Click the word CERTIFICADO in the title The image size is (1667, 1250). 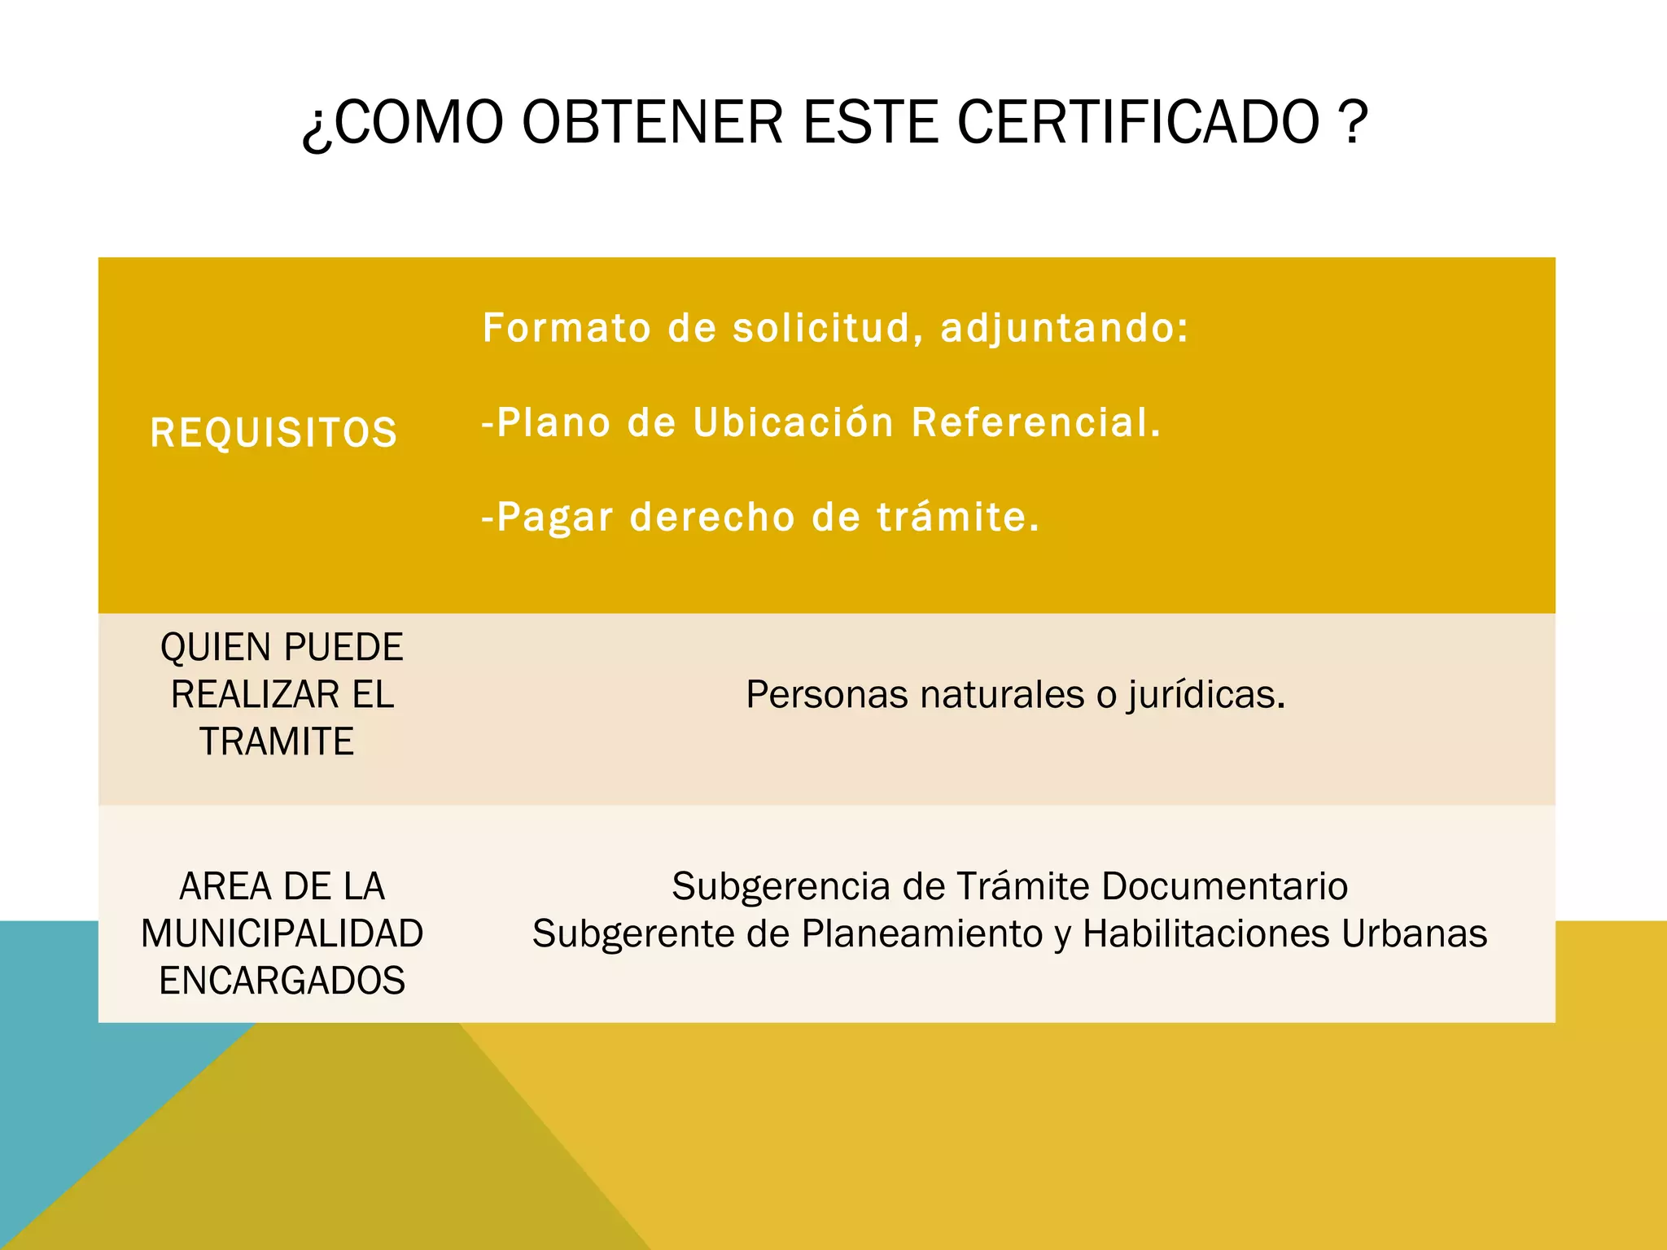[1137, 122]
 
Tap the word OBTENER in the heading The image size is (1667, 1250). [652, 122]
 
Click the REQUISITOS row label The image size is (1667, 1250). [273, 432]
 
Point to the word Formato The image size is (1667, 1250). [567, 328]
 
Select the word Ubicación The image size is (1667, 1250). [794, 422]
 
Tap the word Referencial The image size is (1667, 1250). [1035, 422]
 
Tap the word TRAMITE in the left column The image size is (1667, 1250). [277, 742]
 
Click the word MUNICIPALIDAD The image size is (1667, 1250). [282, 933]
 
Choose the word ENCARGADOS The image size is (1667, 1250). [282, 981]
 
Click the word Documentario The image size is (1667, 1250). [1224, 886]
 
